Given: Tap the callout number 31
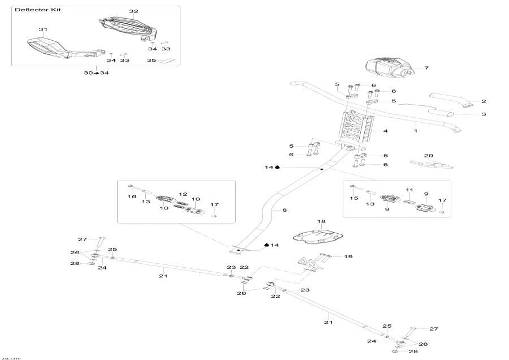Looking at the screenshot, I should [43, 29].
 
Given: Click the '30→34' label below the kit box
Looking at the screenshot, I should [96, 73].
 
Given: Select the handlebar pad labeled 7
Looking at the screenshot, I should [388, 68].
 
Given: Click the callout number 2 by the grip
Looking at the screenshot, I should [484, 101].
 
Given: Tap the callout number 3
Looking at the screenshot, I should [484, 114].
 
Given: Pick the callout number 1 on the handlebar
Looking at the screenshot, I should [416, 131].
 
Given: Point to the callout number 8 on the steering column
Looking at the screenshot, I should [284, 210].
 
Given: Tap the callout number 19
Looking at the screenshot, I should [348, 256].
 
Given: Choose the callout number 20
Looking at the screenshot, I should [241, 293].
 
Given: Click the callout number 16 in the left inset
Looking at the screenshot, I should [132, 196].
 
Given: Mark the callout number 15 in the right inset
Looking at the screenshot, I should [355, 198].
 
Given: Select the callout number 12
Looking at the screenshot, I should [183, 194].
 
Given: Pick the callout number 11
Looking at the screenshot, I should [409, 190].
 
